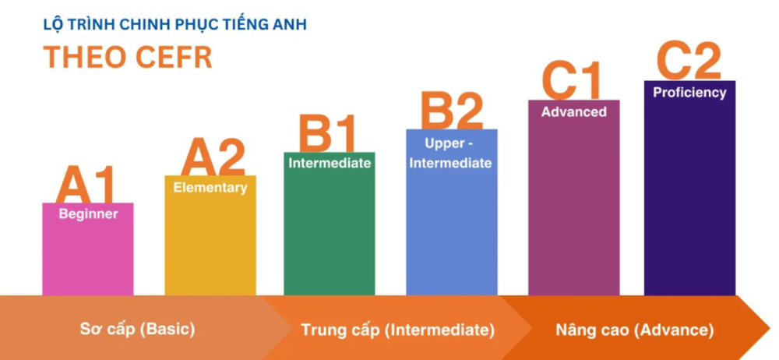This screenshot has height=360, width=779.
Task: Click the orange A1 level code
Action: (86, 185)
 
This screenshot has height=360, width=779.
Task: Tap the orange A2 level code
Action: (213, 157)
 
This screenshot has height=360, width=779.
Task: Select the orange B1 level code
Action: (327, 133)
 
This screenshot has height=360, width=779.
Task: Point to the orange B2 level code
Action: (452, 111)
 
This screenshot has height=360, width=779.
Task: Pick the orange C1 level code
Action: (571, 80)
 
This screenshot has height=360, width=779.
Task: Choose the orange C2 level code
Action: (689, 61)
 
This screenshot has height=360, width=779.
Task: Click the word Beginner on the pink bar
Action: (89, 214)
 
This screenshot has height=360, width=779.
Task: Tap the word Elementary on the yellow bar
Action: (210, 188)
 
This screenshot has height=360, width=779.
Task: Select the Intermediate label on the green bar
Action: (330, 163)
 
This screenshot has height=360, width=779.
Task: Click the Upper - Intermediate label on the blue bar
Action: (450, 154)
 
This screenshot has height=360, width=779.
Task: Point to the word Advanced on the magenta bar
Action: (574, 112)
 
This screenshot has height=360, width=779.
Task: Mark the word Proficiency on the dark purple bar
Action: (689, 93)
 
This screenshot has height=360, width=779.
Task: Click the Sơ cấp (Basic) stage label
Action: (138, 329)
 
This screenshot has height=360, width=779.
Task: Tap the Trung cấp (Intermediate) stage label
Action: (398, 330)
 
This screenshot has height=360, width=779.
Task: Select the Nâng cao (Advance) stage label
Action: (634, 330)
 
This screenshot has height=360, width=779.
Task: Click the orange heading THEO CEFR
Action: (128, 58)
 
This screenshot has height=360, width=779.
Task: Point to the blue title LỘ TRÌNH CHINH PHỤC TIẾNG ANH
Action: (174, 25)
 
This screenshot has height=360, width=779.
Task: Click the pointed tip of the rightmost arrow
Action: (770, 328)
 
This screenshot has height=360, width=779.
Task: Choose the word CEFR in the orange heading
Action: (174, 58)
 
